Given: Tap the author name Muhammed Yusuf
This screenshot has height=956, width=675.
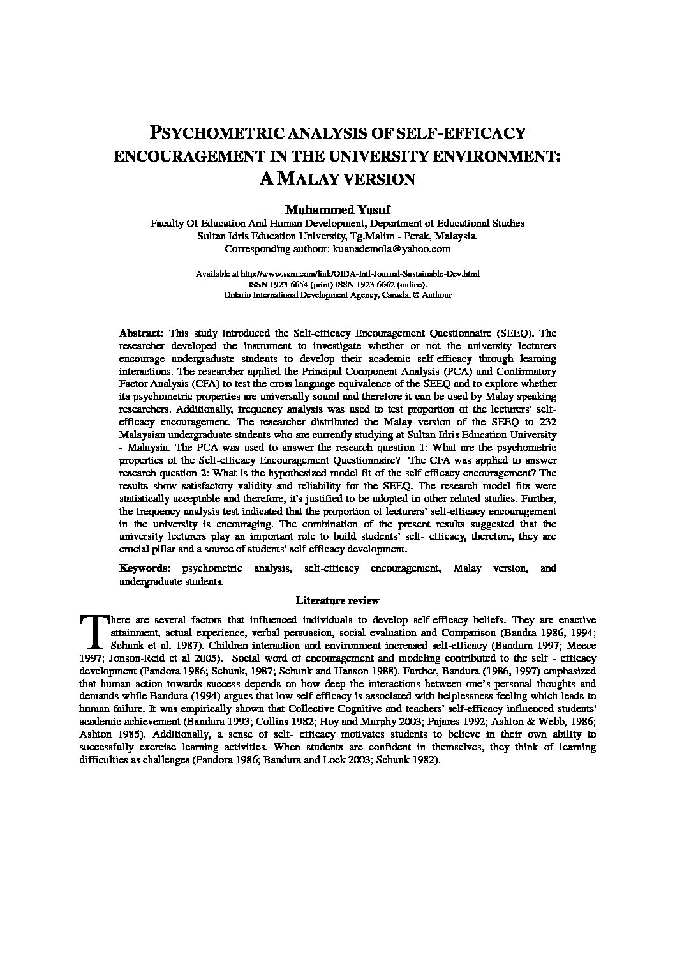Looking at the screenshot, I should [x=337, y=210].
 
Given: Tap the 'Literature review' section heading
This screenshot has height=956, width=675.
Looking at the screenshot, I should [x=337, y=600].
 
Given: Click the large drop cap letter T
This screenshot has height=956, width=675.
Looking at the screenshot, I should [x=93, y=630].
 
